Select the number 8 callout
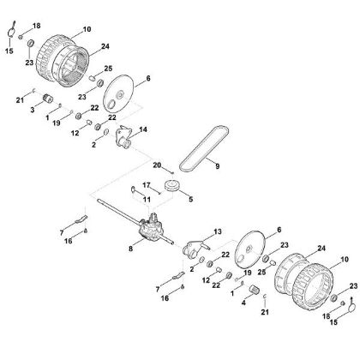[x=130, y=249]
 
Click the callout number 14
[x=142, y=129]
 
